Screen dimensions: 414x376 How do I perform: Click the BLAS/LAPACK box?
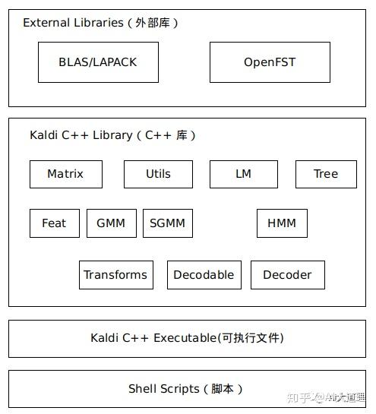coord(98,62)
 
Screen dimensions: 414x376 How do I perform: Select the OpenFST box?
coord(270,62)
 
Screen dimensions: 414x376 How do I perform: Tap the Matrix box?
coord(65,174)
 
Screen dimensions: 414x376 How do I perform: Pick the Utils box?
coord(158,174)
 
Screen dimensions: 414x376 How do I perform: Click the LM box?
coord(243,174)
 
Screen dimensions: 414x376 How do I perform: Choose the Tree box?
coord(326,174)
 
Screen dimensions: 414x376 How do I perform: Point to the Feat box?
coord(54,223)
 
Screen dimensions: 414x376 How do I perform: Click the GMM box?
coord(111,223)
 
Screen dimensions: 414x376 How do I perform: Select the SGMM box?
coord(167,223)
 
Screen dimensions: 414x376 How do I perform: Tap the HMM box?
coord(282,223)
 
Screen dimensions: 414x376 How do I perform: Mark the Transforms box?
coord(115,275)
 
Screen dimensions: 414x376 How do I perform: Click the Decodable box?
coord(204,275)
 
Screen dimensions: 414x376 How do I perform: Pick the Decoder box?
coord(287,275)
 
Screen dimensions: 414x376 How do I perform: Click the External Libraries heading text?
coord(73,23)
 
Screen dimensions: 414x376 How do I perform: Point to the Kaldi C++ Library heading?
coord(81,135)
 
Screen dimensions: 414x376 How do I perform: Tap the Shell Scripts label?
coord(163,389)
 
